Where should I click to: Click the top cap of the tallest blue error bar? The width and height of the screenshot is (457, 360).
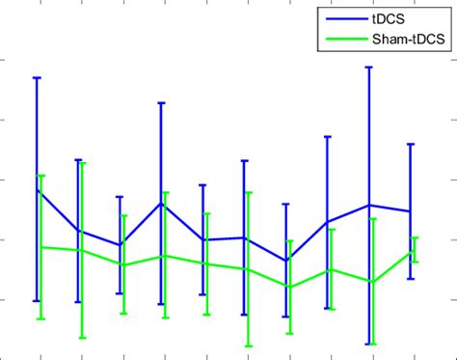368,68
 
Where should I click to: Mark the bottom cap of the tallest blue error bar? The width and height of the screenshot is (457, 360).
368,344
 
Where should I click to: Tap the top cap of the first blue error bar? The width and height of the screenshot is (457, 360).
37,77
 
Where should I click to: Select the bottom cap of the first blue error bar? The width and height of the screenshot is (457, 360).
37,301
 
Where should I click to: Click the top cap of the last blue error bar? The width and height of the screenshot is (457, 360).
410,144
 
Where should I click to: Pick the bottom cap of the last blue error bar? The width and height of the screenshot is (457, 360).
410,279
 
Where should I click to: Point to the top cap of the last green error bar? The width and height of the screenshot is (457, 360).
415,237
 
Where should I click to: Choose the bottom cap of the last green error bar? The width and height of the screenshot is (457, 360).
415,263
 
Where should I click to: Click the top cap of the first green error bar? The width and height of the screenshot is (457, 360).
41,176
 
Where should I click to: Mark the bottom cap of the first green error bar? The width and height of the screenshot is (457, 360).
41,318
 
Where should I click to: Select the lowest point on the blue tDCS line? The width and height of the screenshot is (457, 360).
285,261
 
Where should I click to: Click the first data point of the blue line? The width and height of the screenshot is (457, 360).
37,189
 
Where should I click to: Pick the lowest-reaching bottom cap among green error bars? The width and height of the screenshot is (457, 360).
249,346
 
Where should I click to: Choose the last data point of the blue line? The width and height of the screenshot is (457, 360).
410,211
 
